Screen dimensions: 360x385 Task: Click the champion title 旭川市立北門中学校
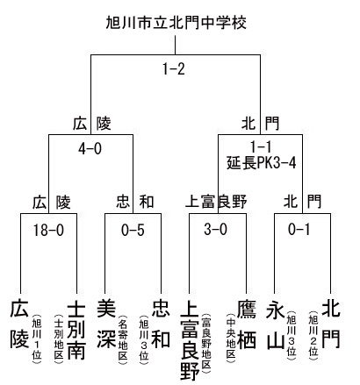[x=176, y=23]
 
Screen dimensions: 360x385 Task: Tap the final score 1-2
[x=174, y=69]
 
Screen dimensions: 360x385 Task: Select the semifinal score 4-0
[x=90, y=149]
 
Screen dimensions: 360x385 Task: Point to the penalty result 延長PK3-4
[x=262, y=163]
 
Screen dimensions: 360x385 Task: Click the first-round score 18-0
[x=48, y=230]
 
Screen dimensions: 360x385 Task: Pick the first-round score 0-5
[x=133, y=230]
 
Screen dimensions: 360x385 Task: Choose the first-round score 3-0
[x=216, y=229]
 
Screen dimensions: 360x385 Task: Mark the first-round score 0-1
[x=299, y=229]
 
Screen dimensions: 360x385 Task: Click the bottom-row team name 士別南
[x=76, y=331]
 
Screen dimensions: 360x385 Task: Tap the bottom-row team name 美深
[x=106, y=324]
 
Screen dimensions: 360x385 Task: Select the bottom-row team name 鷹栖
[x=247, y=324]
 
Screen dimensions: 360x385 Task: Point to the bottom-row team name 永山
[x=276, y=324]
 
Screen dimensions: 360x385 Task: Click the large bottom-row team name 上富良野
[x=190, y=340]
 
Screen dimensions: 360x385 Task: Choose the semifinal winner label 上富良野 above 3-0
[x=216, y=202]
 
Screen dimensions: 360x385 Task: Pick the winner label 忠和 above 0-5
[x=135, y=202]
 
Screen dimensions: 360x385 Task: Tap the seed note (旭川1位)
[x=37, y=339]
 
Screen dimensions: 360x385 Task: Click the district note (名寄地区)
[x=123, y=339]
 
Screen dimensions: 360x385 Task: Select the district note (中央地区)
[x=231, y=338]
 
